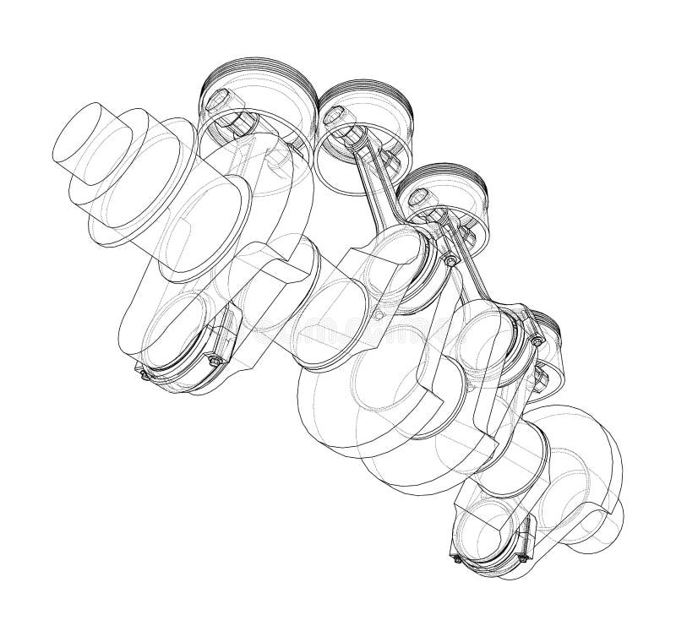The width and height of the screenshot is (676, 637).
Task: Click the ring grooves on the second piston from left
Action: coord(372,96)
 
